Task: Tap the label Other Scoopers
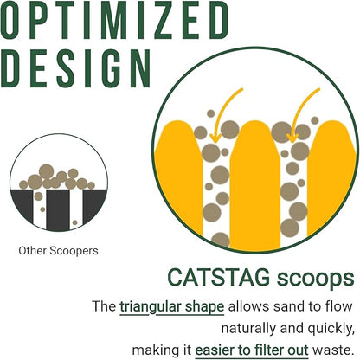point(59,251)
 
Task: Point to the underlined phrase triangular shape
point(173,306)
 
